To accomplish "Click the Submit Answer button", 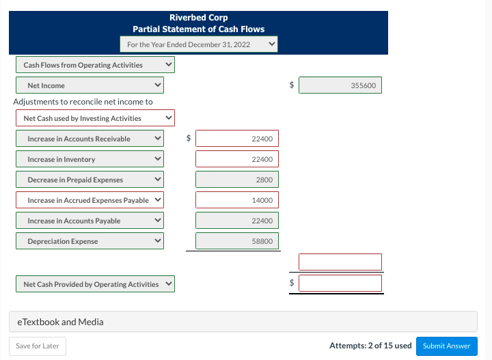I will [x=446, y=346].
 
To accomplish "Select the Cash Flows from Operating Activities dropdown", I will [x=95, y=65].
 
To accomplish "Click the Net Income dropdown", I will [x=90, y=85].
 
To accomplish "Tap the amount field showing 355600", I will [x=340, y=85].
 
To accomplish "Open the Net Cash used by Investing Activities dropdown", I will [x=95, y=118].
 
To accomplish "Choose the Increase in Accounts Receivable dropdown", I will [x=90, y=139].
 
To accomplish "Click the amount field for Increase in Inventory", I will [x=236, y=159].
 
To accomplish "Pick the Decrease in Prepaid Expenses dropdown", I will [x=90, y=180].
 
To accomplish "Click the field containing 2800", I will [x=236, y=180].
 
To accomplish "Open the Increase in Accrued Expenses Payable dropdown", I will [x=90, y=200].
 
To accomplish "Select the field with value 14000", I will [x=236, y=200].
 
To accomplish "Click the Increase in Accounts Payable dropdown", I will [x=90, y=221].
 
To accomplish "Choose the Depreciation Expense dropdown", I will [x=90, y=241].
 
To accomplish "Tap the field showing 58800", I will [x=236, y=241].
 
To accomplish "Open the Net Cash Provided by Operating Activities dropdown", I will [x=95, y=284].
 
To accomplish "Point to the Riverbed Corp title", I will [x=198, y=17].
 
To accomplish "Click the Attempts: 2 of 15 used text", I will [x=370, y=346].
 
